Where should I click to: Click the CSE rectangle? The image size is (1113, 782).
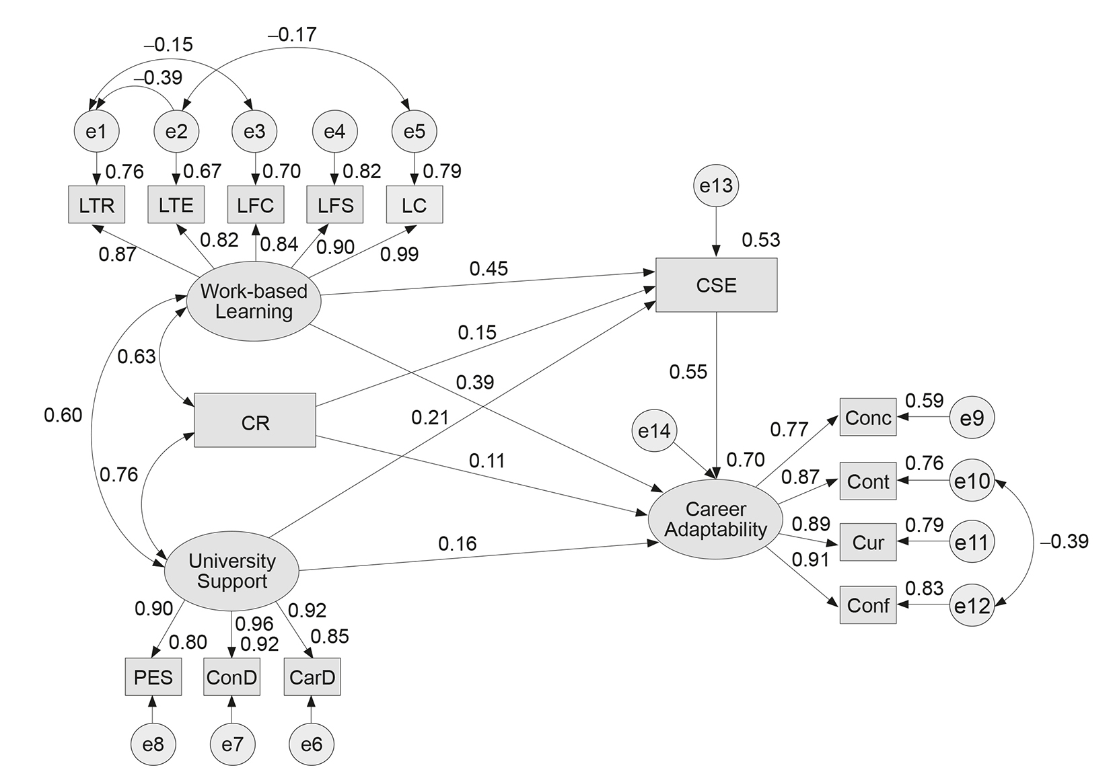click(716, 285)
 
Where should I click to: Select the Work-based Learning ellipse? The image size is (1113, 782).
click(254, 302)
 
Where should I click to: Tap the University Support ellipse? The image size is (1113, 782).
click(231, 571)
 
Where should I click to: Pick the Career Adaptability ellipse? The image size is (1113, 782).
click(715, 520)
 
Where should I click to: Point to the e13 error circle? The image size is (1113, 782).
click(716, 186)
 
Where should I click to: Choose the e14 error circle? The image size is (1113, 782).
click(655, 430)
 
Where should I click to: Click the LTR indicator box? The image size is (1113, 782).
click(96, 205)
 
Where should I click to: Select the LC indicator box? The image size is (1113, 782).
click(415, 205)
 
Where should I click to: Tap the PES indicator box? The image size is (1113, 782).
click(153, 676)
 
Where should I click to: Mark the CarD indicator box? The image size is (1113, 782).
click(312, 676)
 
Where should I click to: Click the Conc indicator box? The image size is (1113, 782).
click(868, 418)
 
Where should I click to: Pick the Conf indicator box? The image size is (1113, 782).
click(868, 605)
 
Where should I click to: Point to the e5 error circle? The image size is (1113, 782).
click(415, 131)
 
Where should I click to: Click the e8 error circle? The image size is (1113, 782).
click(153, 744)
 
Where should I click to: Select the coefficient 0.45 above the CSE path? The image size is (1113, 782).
click(489, 269)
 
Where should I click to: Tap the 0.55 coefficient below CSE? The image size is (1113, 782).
click(688, 372)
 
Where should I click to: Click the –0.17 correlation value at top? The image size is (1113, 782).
click(292, 34)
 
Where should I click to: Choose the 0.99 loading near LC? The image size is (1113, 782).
click(399, 254)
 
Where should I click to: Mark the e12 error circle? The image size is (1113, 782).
click(972, 606)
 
